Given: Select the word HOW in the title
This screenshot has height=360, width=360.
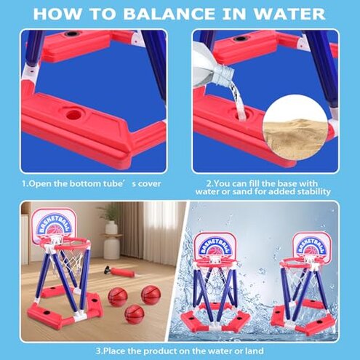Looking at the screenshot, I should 63,14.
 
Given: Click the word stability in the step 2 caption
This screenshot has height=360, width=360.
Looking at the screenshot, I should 311,191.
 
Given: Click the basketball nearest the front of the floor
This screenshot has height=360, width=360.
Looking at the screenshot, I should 135,314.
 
